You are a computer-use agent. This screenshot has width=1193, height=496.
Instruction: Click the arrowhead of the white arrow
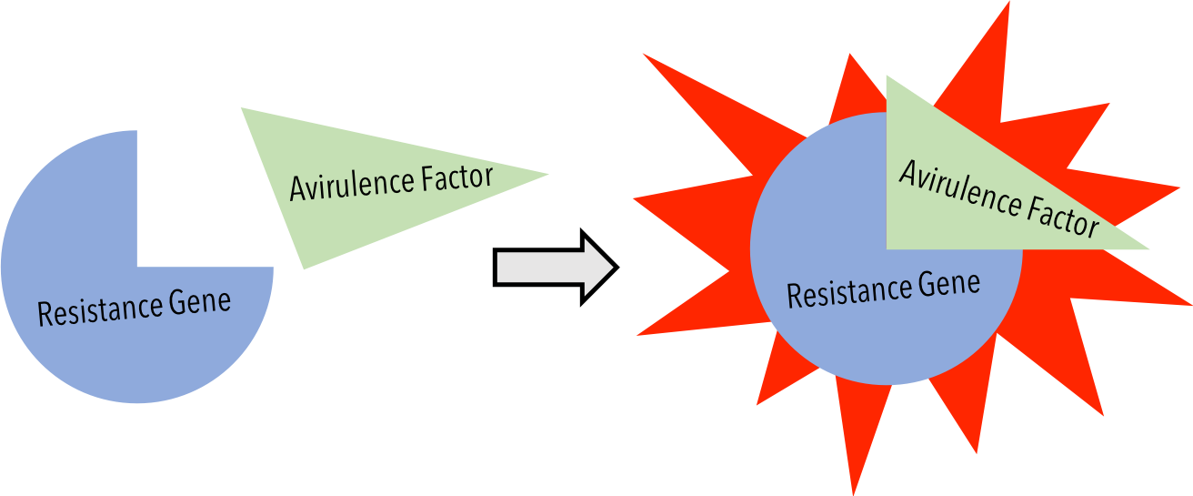click(x=598, y=268)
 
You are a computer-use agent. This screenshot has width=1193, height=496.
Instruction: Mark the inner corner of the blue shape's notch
click(x=137, y=267)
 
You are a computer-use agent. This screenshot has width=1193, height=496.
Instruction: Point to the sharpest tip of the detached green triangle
click(x=547, y=174)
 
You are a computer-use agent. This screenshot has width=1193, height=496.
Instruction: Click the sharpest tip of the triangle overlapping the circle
click(x=1148, y=248)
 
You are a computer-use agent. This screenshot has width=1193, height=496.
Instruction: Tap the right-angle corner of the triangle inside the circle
click(x=887, y=248)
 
